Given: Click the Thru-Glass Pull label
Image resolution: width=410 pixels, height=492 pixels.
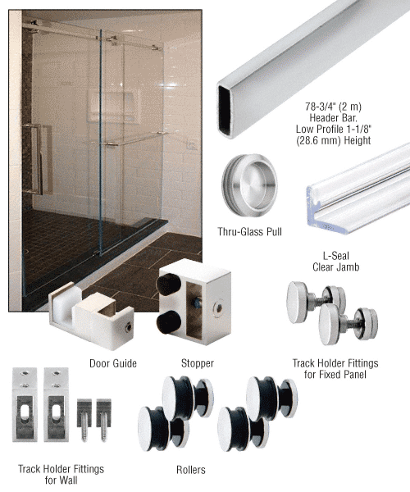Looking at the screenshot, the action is (x=250, y=232).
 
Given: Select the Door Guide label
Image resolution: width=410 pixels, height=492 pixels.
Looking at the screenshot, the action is (x=113, y=363).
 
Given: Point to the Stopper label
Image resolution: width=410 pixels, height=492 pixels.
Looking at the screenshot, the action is (x=198, y=363).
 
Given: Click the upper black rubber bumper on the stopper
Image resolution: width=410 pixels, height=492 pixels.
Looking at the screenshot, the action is (x=169, y=285).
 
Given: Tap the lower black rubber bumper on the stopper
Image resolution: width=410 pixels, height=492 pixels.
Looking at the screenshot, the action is (x=169, y=322).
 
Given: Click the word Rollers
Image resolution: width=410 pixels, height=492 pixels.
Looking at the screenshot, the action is (x=191, y=470).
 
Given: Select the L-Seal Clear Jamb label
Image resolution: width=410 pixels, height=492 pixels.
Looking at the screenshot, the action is (x=335, y=262).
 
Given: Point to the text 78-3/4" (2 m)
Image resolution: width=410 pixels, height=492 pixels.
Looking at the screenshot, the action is (x=333, y=107).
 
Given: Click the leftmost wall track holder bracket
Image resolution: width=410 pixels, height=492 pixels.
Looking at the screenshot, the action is (x=25, y=405).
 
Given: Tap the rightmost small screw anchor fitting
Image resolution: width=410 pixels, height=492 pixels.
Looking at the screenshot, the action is (x=103, y=420).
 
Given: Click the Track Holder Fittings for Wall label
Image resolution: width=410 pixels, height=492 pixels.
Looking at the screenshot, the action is (x=61, y=475).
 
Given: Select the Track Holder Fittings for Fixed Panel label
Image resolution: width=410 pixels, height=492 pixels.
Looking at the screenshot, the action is (x=335, y=369).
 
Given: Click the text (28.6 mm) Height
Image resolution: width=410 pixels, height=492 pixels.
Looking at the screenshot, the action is (x=333, y=140).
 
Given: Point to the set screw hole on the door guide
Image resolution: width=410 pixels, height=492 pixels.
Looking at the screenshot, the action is (x=129, y=328).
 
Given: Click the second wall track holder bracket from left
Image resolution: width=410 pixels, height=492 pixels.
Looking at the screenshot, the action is (x=56, y=405).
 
